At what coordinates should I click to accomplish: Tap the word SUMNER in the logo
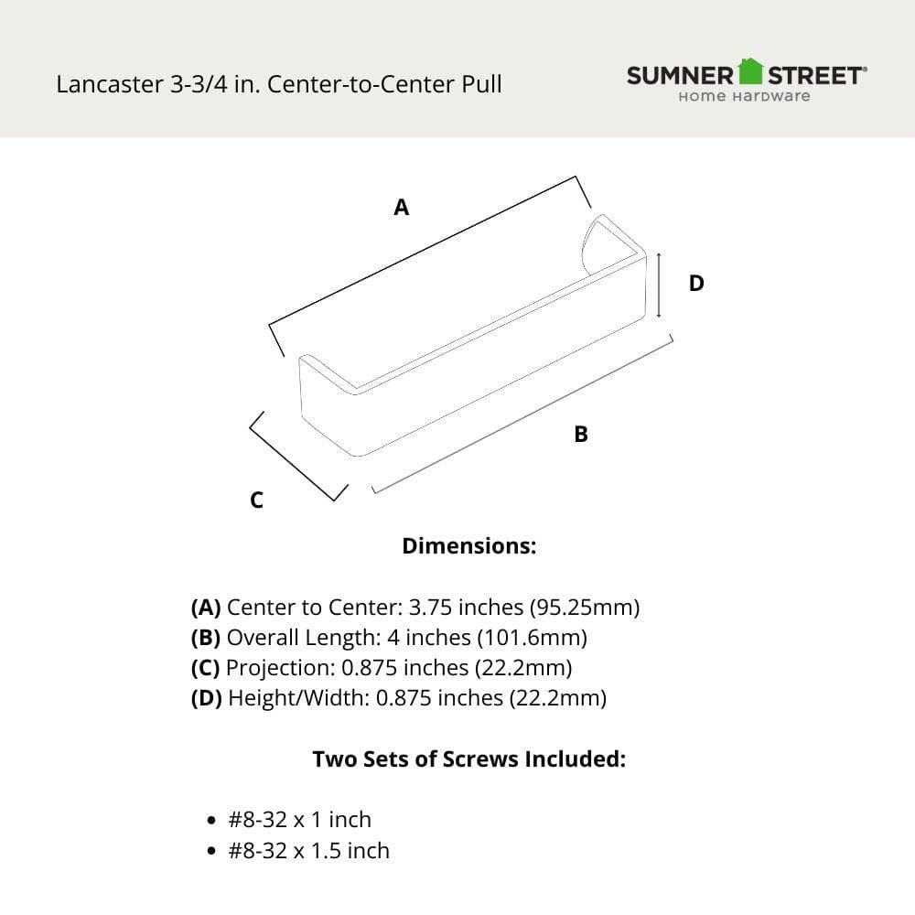pos(681,75)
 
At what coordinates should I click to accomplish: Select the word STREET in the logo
pos(815,75)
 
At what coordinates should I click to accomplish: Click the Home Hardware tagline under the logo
pos(744,96)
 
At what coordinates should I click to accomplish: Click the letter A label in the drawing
pos(401,208)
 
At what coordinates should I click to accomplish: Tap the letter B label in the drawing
pos(581,435)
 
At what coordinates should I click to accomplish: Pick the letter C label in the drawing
pos(257,501)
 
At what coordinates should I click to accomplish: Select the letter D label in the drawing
pos(696,284)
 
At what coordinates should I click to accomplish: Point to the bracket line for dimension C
pos(297,456)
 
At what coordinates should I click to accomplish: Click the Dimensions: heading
pos(468,546)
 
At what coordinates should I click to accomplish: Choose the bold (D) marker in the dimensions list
pos(206,698)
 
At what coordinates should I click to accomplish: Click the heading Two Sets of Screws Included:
pos(468,759)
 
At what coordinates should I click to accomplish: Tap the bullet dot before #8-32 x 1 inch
pos(212,821)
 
